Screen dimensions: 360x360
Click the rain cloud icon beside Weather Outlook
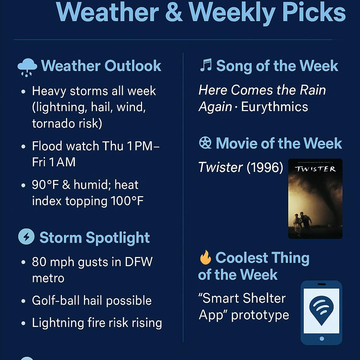[27, 67]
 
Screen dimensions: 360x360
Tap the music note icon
[206, 65]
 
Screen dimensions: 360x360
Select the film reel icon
[205, 143]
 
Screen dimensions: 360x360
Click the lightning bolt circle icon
[26, 237]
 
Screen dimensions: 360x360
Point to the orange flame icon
[205, 257]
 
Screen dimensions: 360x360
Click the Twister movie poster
[315, 199]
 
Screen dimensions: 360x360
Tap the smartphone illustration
[321, 313]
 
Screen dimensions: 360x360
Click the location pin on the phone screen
[321, 310]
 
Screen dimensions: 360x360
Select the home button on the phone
[322, 339]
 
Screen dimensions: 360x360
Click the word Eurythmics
[275, 107]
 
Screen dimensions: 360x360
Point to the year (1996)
[265, 167]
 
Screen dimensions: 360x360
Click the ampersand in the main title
[174, 12]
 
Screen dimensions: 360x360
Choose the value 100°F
[127, 201]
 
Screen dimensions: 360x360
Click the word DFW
[139, 262]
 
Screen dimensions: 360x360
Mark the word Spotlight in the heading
[118, 238]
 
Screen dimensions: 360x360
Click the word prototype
[260, 315]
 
